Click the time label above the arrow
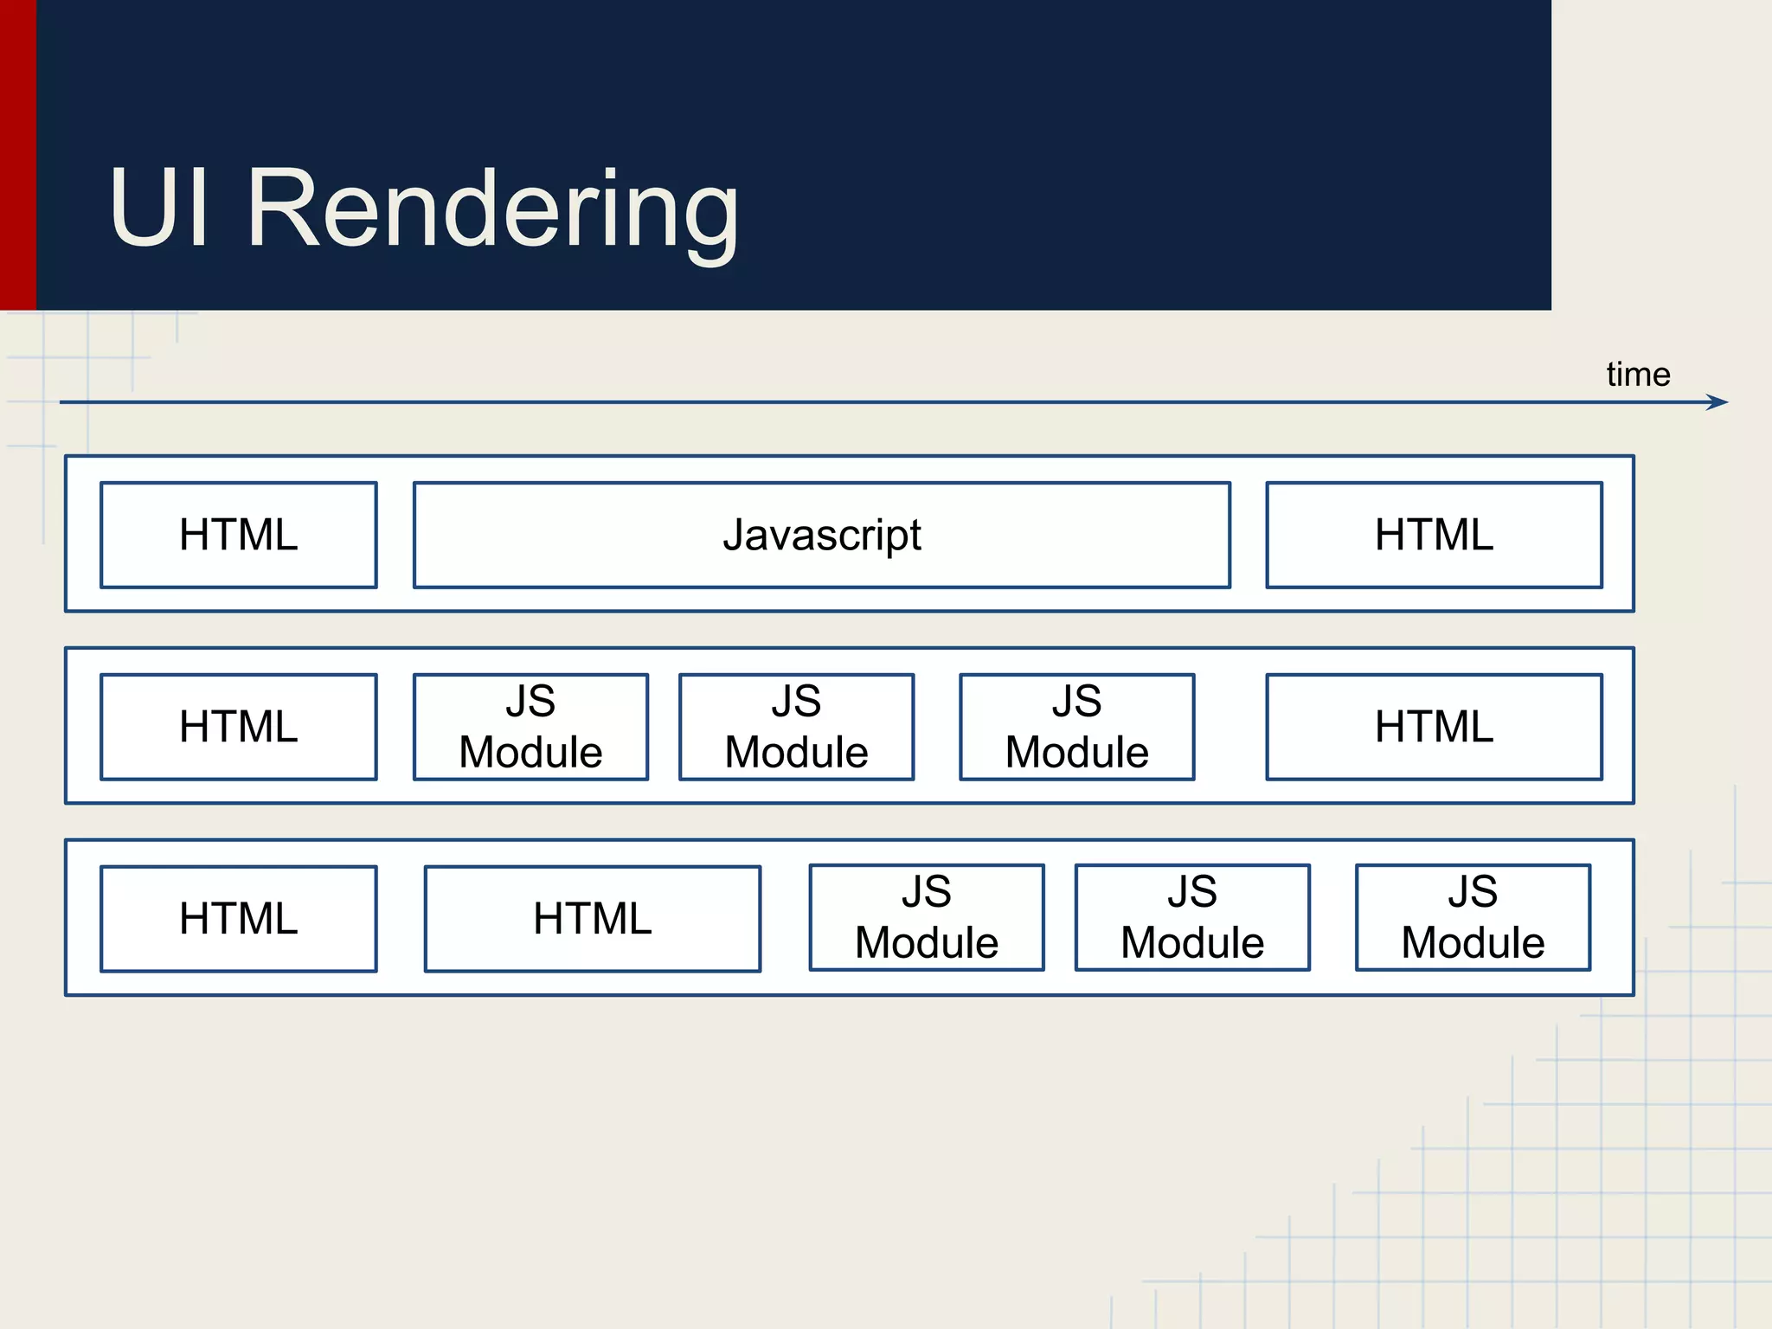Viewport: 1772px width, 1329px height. [1638, 375]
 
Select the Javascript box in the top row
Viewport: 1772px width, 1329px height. [822, 536]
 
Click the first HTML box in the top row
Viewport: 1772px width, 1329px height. [239, 536]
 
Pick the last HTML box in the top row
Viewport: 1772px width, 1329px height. [1434, 536]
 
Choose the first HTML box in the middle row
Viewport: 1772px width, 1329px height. [239, 727]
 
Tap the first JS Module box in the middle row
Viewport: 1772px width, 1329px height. [530, 727]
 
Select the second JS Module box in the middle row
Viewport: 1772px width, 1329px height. [796, 727]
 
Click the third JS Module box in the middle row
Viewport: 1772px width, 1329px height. [1076, 727]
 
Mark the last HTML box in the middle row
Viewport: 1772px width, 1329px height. [1434, 727]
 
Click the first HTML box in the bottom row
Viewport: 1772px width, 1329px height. [239, 919]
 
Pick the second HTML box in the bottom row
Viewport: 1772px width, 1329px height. [593, 919]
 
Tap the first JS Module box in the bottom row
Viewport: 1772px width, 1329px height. [927, 918]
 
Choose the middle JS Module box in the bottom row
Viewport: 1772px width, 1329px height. [1192, 918]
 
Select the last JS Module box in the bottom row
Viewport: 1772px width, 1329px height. [1473, 918]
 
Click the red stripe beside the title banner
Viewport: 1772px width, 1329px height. [17, 156]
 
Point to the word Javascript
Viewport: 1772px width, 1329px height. [822, 536]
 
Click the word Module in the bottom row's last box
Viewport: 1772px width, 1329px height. [1473, 943]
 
